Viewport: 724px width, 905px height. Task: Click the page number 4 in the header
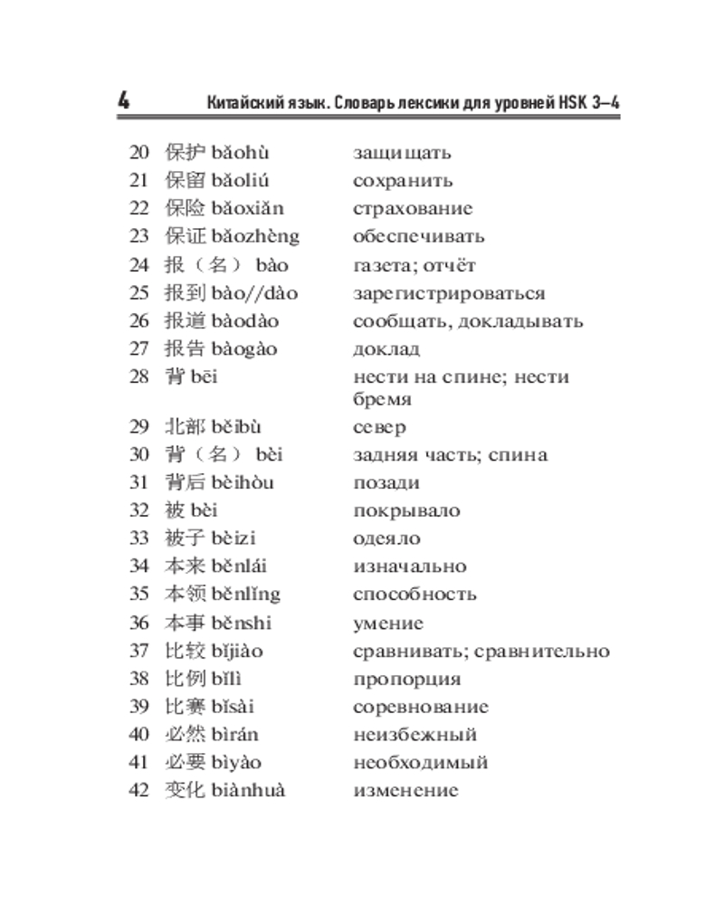click(123, 101)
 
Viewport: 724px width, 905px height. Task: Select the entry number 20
click(138, 152)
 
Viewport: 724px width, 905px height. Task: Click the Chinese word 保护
click(186, 152)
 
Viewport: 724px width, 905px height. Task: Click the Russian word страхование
click(412, 209)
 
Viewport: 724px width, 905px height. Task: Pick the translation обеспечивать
click(418, 237)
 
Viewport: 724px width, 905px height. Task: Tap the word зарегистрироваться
click(449, 293)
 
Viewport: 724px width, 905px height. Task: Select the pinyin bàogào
click(244, 349)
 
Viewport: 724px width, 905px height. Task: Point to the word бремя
click(382, 399)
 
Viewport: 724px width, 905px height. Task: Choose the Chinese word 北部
click(186, 427)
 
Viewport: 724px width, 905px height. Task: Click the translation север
click(379, 427)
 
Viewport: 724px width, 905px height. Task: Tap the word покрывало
click(406, 510)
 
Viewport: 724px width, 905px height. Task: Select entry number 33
click(138, 538)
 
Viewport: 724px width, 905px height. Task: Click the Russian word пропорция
click(406, 679)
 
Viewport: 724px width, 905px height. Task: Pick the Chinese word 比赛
click(186, 707)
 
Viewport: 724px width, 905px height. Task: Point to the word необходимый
click(420, 763)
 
